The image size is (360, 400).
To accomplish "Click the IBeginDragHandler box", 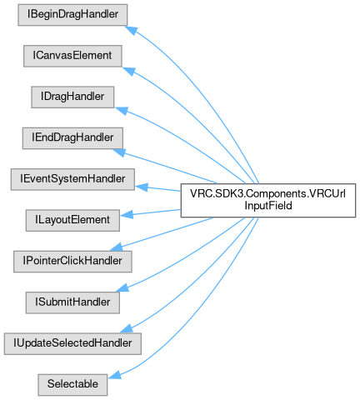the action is pos(72,15).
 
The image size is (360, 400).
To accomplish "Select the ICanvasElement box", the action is pos(72,56).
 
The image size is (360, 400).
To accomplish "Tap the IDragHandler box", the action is pos(72,97).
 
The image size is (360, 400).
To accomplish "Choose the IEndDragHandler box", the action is pos(72,138).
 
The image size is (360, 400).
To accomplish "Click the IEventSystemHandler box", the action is pos(72,179).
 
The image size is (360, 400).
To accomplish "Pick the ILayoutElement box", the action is pos(72,220).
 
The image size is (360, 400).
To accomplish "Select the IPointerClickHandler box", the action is pos(72,262).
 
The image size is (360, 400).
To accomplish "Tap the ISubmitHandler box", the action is pos(72,302).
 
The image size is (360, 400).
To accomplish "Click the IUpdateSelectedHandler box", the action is pos(72,343).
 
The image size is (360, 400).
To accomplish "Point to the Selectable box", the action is pos(72,385).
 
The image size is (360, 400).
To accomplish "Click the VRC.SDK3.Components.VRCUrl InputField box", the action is pos(268,200).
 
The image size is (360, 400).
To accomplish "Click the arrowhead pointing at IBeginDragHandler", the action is pos(131,30).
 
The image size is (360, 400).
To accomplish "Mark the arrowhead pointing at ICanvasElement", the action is pos(129,71).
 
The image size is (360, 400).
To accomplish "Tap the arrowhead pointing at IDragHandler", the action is pos(122,111).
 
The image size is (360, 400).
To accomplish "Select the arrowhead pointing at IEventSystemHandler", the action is pos(142,187).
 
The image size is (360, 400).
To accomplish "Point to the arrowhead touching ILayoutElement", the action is pos(127,215).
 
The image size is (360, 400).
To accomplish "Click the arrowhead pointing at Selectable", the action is pos(115,375).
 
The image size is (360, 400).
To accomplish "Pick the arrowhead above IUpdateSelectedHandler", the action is pos(127,328).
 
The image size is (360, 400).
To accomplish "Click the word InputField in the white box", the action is pos(268,206).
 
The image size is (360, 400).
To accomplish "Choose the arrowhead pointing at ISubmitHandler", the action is pos(122,287).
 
